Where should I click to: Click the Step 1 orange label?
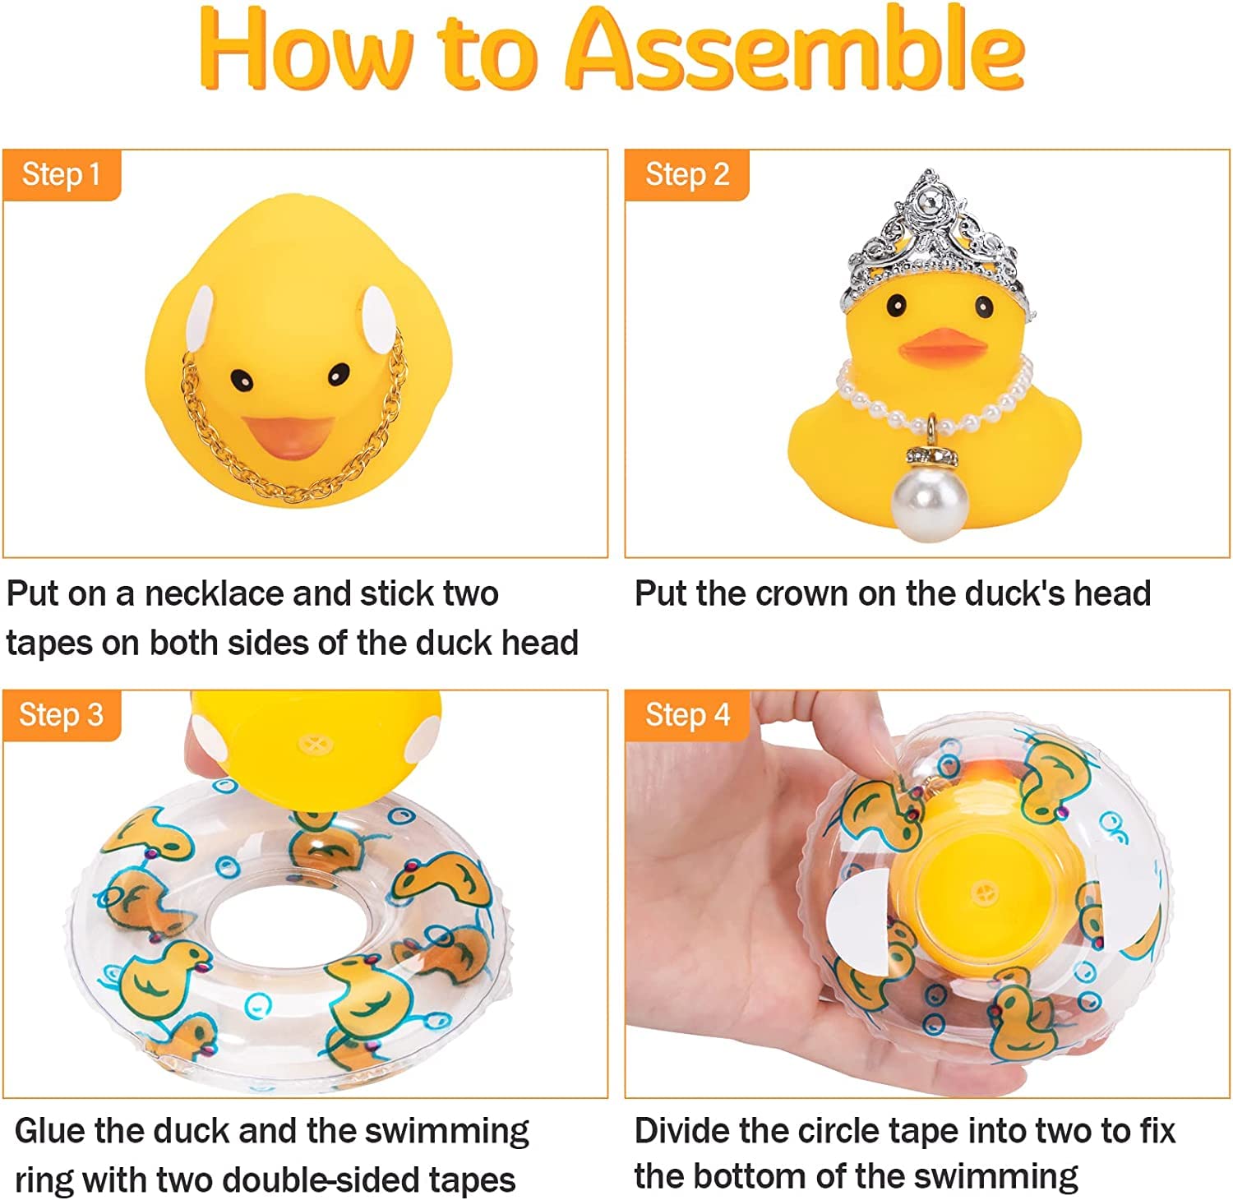[61, 174]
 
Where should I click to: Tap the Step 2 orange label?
[687, 174]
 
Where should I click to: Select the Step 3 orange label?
[61, 715]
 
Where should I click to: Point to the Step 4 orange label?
[687, 715]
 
